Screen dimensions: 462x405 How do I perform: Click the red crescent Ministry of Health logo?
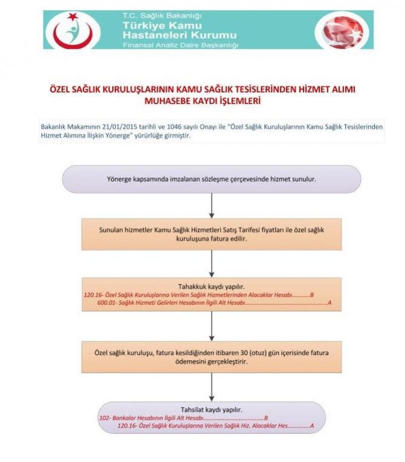click(73, 30)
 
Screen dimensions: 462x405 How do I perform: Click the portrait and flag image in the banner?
click(340, 30)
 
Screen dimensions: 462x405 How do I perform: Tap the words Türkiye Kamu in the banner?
click(157, 25)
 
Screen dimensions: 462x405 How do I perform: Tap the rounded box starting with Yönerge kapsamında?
click(211, 179)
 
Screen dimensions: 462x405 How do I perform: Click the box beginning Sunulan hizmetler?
click(211, 234)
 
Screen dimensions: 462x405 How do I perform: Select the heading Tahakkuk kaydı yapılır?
click(211, 285)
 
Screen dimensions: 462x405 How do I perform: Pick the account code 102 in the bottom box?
click(103, 418)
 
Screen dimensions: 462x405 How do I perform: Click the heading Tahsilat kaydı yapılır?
click(211, 409)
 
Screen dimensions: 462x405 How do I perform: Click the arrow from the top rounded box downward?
click(211, 205)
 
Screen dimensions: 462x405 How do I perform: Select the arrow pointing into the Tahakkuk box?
click(211, 263)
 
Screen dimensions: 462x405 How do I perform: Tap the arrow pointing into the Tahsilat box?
click(211, 386)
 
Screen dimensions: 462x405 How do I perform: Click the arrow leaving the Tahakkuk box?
click(211, 326)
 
